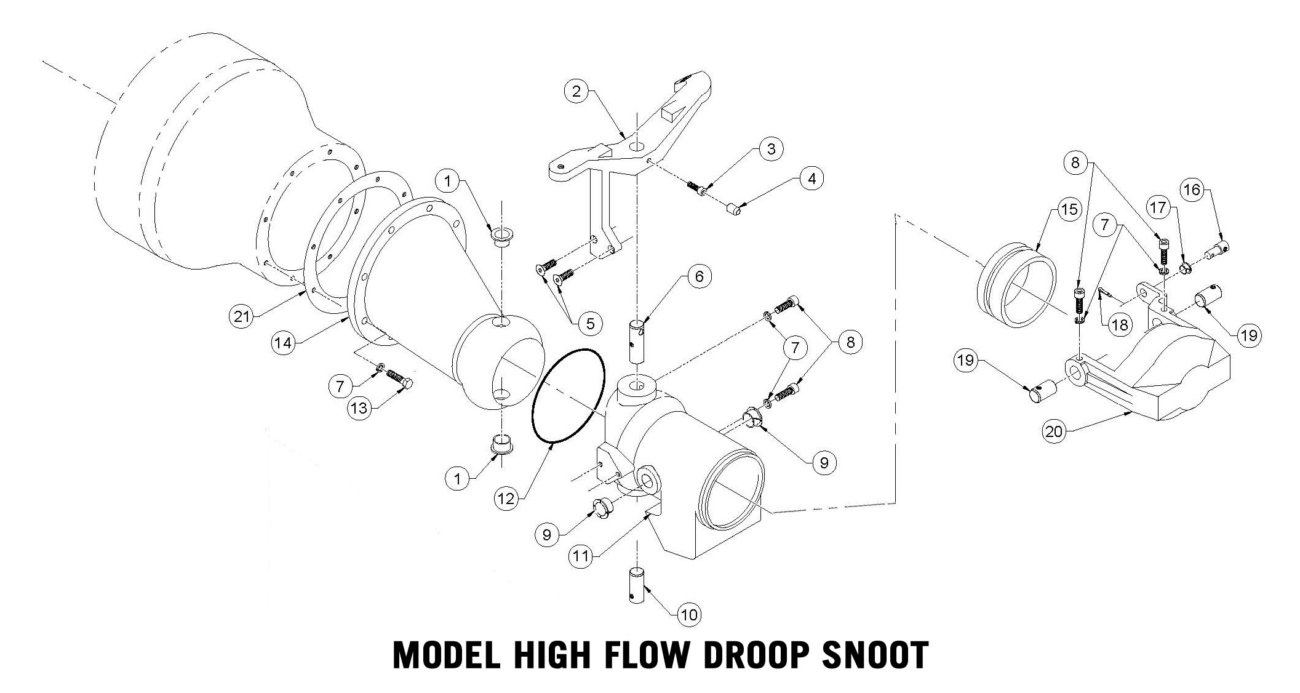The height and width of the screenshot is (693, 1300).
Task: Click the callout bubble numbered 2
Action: click(576, 92)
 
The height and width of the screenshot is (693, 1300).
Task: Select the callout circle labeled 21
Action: click(242, 316)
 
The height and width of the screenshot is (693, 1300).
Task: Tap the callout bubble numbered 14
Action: click(283, 342)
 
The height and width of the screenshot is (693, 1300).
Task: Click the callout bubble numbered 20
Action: click(1055, 431)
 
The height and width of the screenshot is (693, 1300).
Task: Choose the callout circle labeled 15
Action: click(1070, 209)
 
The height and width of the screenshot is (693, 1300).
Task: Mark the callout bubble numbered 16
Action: click(1192, 190)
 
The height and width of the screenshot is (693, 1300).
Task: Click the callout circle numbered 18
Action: click(1120, 324)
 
